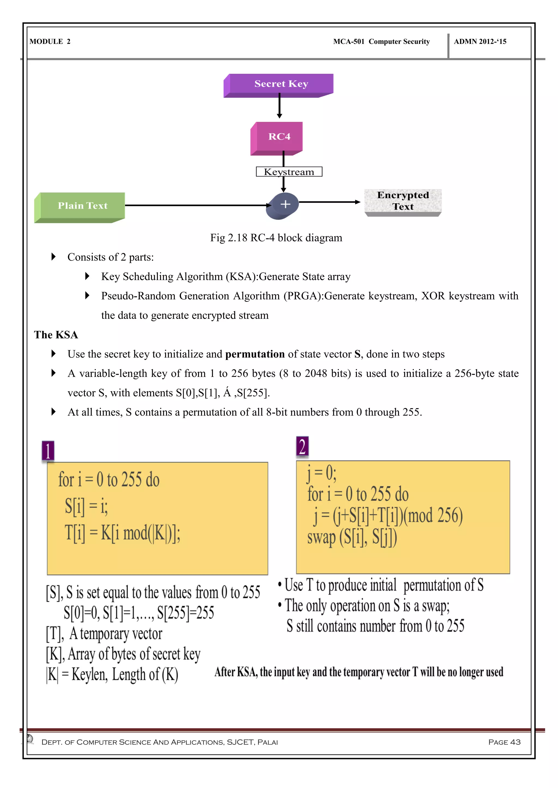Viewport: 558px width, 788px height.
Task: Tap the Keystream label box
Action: [289, 172]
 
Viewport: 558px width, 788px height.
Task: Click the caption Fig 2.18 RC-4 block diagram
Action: [276, 238]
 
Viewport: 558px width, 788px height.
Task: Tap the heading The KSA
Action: [56, 335]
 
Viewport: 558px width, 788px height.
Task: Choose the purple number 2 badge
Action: [302, 447]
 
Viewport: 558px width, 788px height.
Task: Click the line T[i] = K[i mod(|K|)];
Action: [123, 533]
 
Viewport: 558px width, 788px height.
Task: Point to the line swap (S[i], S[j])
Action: [352, 537]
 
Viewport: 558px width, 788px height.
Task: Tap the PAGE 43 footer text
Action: [504, 742]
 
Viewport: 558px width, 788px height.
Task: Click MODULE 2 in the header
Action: [50, 42]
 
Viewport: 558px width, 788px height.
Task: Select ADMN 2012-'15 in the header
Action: [480, 42]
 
